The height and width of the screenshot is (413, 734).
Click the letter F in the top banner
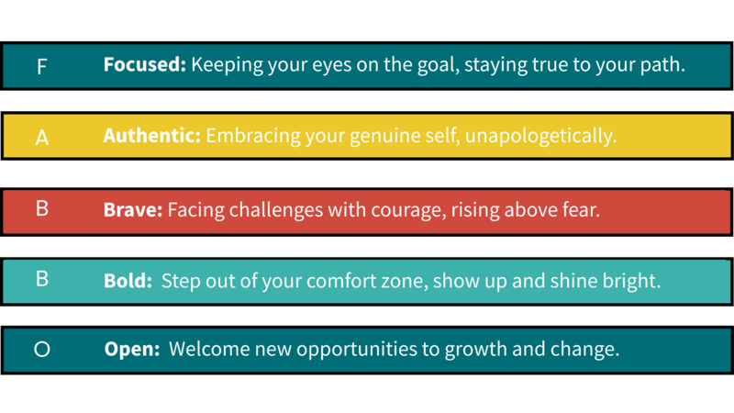click(x=41, y=66)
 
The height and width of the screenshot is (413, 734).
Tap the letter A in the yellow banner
click(x=42, y=138)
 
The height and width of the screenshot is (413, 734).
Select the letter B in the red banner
click(x=42, y=208)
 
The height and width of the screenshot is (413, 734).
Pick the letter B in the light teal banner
click(x=42, y=279)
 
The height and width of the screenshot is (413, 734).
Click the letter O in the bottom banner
click(x=42, y=349)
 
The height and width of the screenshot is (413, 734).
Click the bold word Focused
click(x=145, y=64)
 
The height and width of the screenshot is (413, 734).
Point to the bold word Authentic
click(x=152, y=136)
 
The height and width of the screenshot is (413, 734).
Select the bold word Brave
click(x=133, y=210)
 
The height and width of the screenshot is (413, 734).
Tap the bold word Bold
click(x=128, y=281)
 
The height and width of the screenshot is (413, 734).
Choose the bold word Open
click(x=132, y=350)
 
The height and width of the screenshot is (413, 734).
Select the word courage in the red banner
click(x=408, y=211)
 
